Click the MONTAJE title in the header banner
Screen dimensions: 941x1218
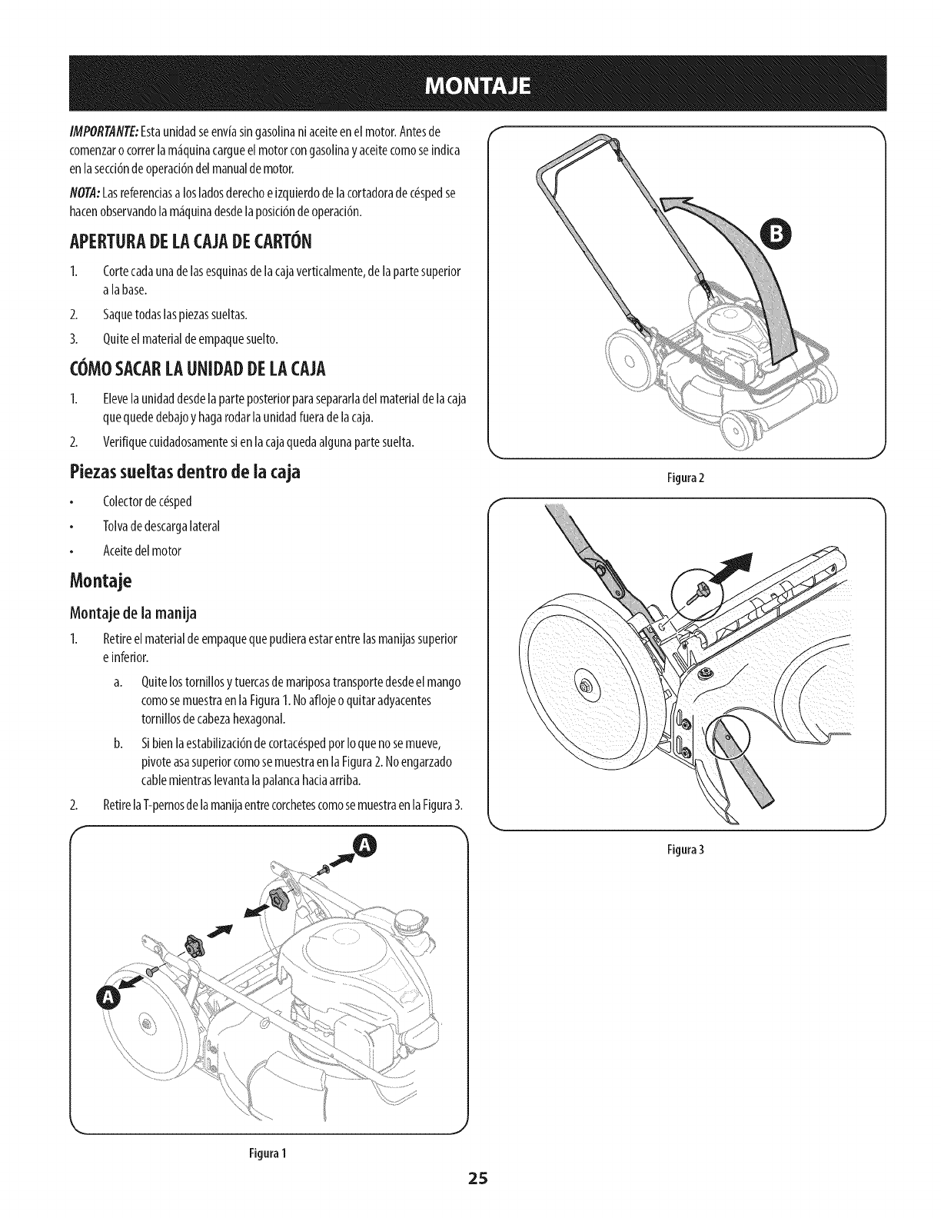pyautogui.click(x=470, y=83)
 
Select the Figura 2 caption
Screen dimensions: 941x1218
pyautogui.click(x=687, y=478)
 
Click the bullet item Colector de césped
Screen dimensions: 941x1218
pyautogui.click(x=147, y=501)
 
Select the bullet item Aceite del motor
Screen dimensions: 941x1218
pyautogui.click(x=141, y=551)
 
